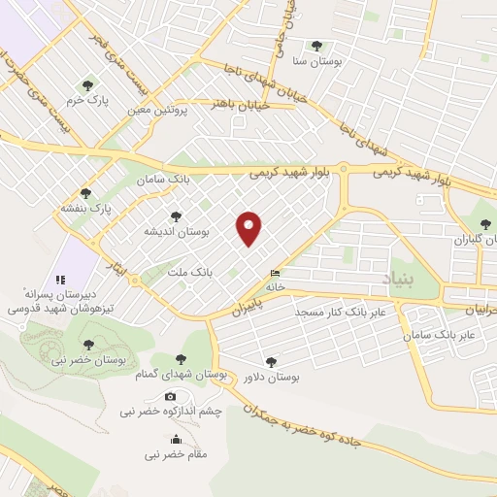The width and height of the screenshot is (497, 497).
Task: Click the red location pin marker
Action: pos(249,228)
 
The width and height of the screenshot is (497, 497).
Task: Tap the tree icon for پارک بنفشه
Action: pos(85,192)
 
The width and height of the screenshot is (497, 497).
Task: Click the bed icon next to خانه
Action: pos(276,273)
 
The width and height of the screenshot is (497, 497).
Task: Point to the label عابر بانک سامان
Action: pos(443,334)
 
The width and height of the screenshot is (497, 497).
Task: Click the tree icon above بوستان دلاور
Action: pos(270,361)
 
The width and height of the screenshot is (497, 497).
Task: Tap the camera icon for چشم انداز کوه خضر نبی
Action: pos(171,396)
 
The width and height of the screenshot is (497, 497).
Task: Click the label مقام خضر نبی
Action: pos(172,453)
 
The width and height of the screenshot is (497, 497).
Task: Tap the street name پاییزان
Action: pos(226,311)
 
